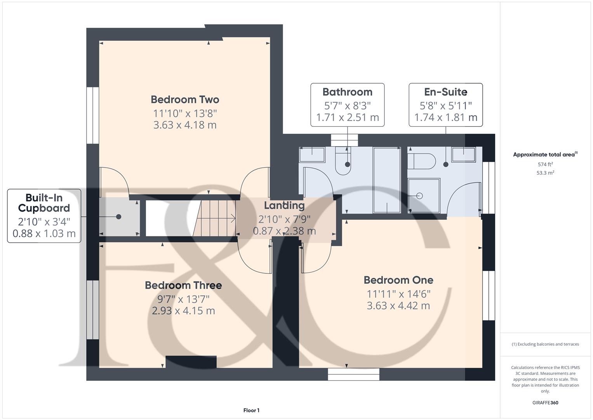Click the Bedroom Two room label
tap(185, 100)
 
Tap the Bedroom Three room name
tap(183, 285)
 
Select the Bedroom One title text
tap(398, 280)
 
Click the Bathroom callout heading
tap(347, 92)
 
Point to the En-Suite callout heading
tap(445, 92)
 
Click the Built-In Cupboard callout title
tap(44, 203)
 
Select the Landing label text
tap(284, 205)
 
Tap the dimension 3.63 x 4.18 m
tap(185, 125)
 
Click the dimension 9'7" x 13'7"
tap(183, 299)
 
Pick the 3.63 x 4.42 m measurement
tap(398, 306)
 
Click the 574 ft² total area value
tap(545, 164)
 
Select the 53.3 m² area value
tap(545, 173)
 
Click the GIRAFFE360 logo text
tap(545, 403)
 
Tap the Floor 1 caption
tap(251, 410)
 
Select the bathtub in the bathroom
tap(387, 180)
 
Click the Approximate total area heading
tap(545, 155)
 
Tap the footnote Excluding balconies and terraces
tap(545, 344)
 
